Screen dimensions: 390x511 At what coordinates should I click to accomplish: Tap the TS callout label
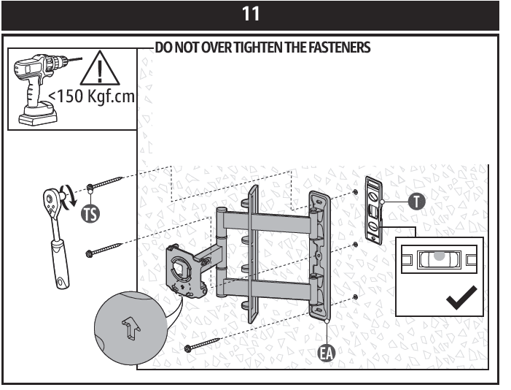tap(90, 212)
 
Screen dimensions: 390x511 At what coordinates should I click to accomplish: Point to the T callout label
tap(416, 202)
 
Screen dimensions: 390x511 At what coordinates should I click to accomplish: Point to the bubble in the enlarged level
tap(438, 256)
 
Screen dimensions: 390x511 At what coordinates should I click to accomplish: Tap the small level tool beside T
tap(372, 207)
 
